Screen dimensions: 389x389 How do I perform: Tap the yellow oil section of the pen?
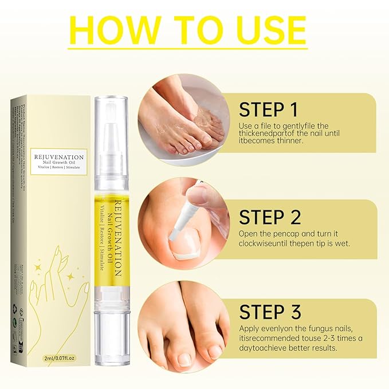[x=114, y=241]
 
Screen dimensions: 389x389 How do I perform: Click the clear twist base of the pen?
[x=114, y=332]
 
